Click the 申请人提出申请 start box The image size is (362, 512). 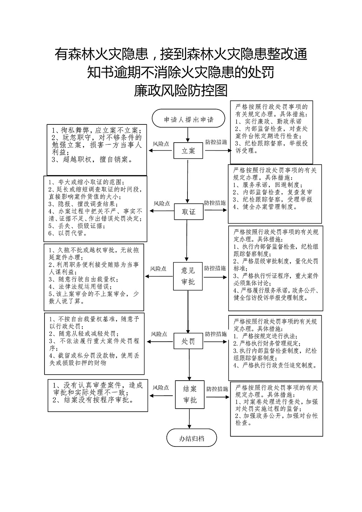[188, 118]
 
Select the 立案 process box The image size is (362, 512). [188, 151]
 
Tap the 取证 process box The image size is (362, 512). [189, 212]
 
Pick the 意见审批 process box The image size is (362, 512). [188, 276]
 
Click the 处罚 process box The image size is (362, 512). [188, 341]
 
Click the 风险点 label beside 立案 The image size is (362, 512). [161, 144]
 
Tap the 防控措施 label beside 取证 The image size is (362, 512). [215, 203]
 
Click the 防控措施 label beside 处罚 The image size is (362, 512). [216, 334]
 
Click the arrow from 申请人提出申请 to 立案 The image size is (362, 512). [188, 135]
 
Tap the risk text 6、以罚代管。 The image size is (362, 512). [68, 233]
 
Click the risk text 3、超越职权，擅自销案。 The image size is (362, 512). [92, 159]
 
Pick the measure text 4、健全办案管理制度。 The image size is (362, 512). [265, 207]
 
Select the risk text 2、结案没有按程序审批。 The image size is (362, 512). [93, 400]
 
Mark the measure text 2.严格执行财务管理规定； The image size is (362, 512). [267, 343]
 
